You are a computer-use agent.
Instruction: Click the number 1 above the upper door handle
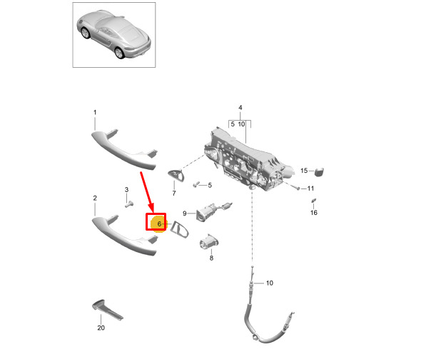click(95, 112)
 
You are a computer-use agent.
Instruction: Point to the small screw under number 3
click(129, 204)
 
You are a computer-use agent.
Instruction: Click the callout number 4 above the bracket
click(240, 108)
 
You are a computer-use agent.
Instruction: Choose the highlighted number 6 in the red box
click(159, 223)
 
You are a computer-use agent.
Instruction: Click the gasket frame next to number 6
click(180, 230)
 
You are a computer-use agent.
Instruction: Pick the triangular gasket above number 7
click(176, 176)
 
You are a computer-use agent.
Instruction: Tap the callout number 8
click(211, 258)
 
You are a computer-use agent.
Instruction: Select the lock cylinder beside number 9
click(212, 211)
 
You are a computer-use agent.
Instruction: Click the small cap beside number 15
click(319, 172)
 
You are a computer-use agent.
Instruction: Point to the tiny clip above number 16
click(313, 200)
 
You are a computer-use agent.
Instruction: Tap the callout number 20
click(101, 328)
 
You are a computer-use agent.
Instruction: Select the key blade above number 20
click(108, 310)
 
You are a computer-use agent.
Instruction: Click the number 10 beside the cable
click(270, 283)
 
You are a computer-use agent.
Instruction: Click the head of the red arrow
click(151, 208)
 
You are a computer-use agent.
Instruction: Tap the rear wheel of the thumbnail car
click(119, 53)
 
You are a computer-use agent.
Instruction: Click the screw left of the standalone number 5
click(196, 184)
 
